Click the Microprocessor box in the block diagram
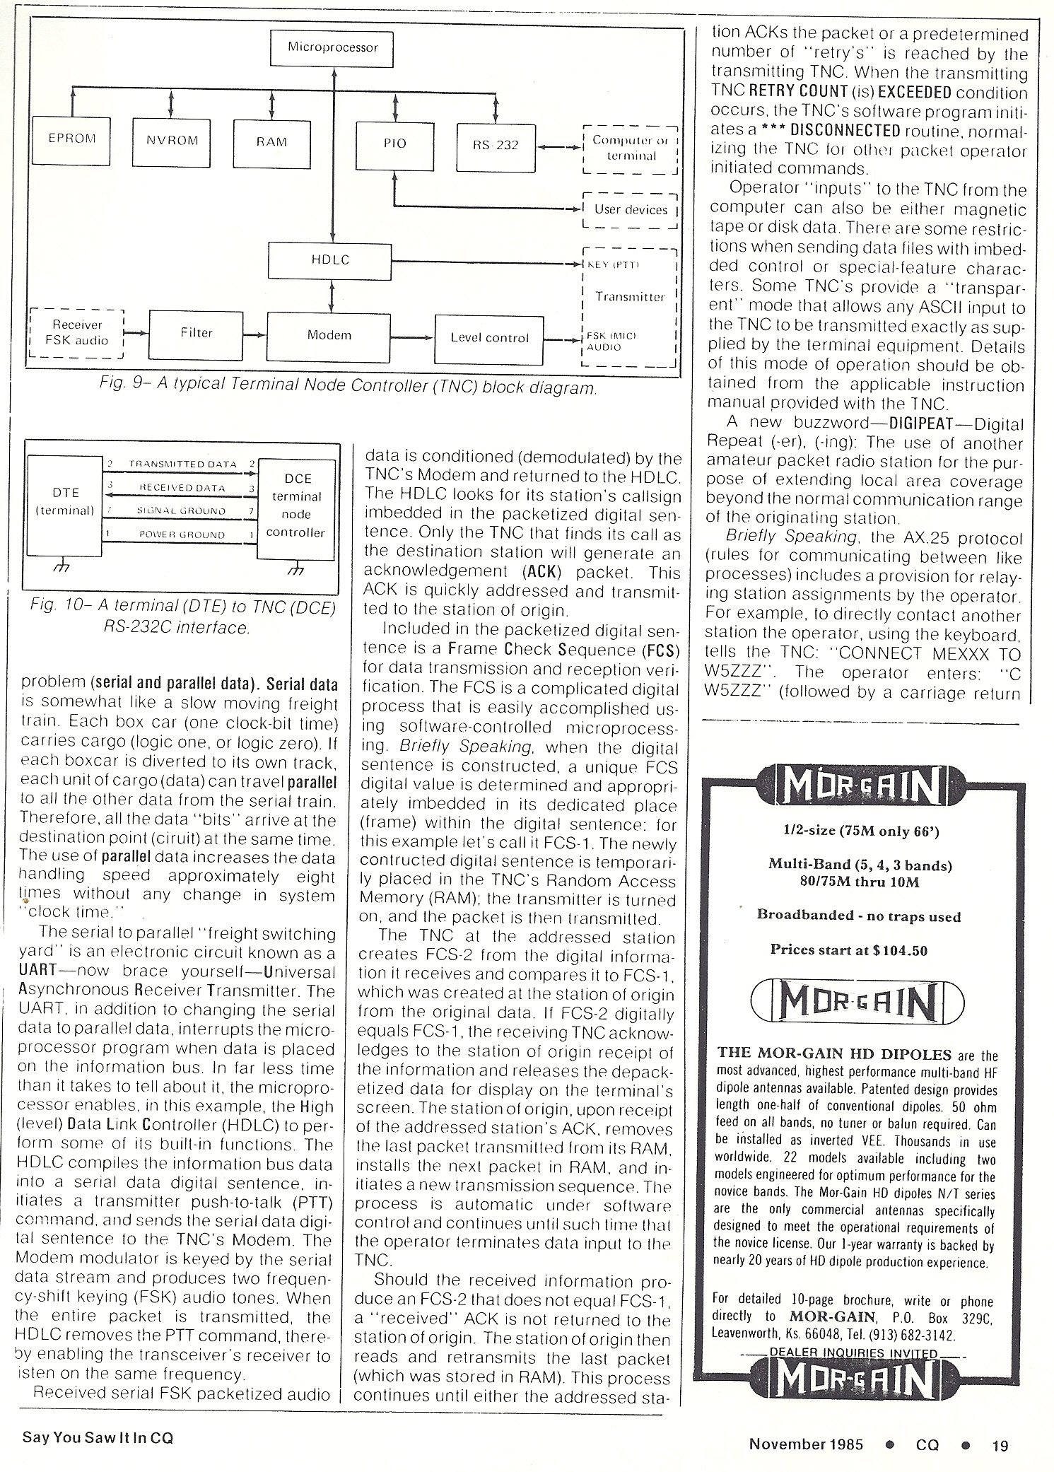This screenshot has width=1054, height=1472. tap(332, 49)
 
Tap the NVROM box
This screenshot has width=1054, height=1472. tap(172, 141)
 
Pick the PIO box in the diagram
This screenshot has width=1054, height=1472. tap(394, 144)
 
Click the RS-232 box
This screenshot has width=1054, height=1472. tap(496, 146)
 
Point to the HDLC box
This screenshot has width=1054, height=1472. tap(330, 260)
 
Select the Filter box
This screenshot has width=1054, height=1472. tap(196, 333)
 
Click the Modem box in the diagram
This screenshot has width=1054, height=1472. tap(329, 335)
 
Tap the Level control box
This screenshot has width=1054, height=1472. tap(489, 338)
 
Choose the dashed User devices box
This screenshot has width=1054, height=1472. tap(630, 210)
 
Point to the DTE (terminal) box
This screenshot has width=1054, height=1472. tap(66, 501)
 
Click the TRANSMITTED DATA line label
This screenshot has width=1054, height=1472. tap(182, 465)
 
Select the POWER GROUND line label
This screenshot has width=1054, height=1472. tap(182, 535)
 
